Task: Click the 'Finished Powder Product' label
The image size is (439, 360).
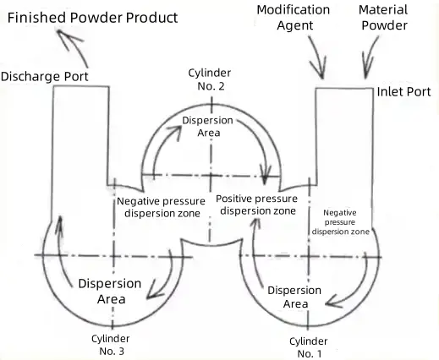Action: point(92,18)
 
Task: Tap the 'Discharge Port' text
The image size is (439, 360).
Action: point(45,77)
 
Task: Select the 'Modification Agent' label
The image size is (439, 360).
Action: point(294,18)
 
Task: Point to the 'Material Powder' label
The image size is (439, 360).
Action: point(383,18)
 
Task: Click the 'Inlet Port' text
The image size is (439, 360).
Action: point(403,92)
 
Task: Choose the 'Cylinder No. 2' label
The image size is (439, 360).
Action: point(210,79)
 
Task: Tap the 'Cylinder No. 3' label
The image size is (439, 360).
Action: point(111,345)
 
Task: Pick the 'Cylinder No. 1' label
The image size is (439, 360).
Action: point(309,347)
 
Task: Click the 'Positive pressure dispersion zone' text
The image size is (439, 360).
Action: point(257,205)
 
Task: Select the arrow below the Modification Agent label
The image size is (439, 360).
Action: point(318,57)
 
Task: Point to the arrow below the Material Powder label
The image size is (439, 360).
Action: point(370,57)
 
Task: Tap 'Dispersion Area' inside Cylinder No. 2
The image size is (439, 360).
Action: point(208,127)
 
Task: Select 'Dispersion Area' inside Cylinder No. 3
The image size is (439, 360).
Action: point(110,292)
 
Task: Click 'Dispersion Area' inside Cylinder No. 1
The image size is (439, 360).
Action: point(294,297)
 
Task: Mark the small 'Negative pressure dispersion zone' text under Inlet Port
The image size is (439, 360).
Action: point(340,222)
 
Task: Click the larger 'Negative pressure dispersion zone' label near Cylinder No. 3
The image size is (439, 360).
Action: point(161,207)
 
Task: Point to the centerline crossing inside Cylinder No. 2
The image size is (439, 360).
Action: point(211,176)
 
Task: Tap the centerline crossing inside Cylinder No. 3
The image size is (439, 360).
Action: point(113,256)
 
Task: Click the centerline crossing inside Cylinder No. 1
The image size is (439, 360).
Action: point(309,256)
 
